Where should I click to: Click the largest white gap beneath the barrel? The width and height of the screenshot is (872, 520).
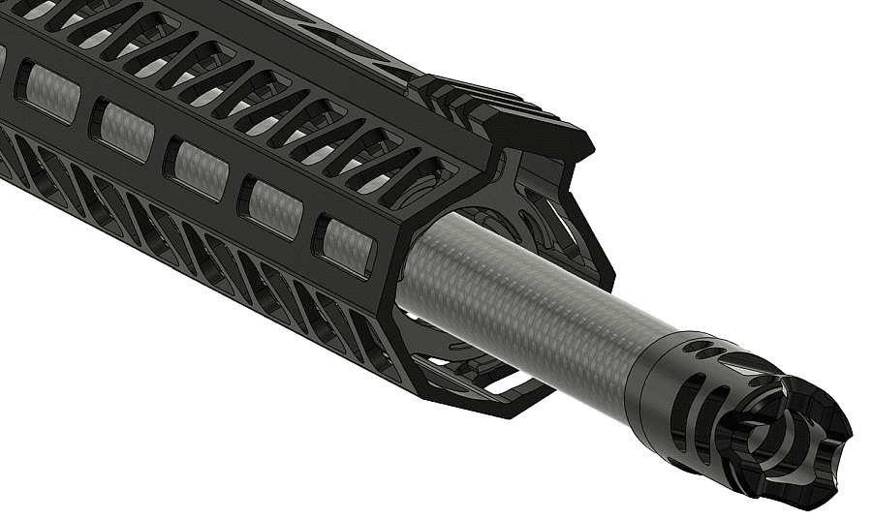[x=504, y=383]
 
